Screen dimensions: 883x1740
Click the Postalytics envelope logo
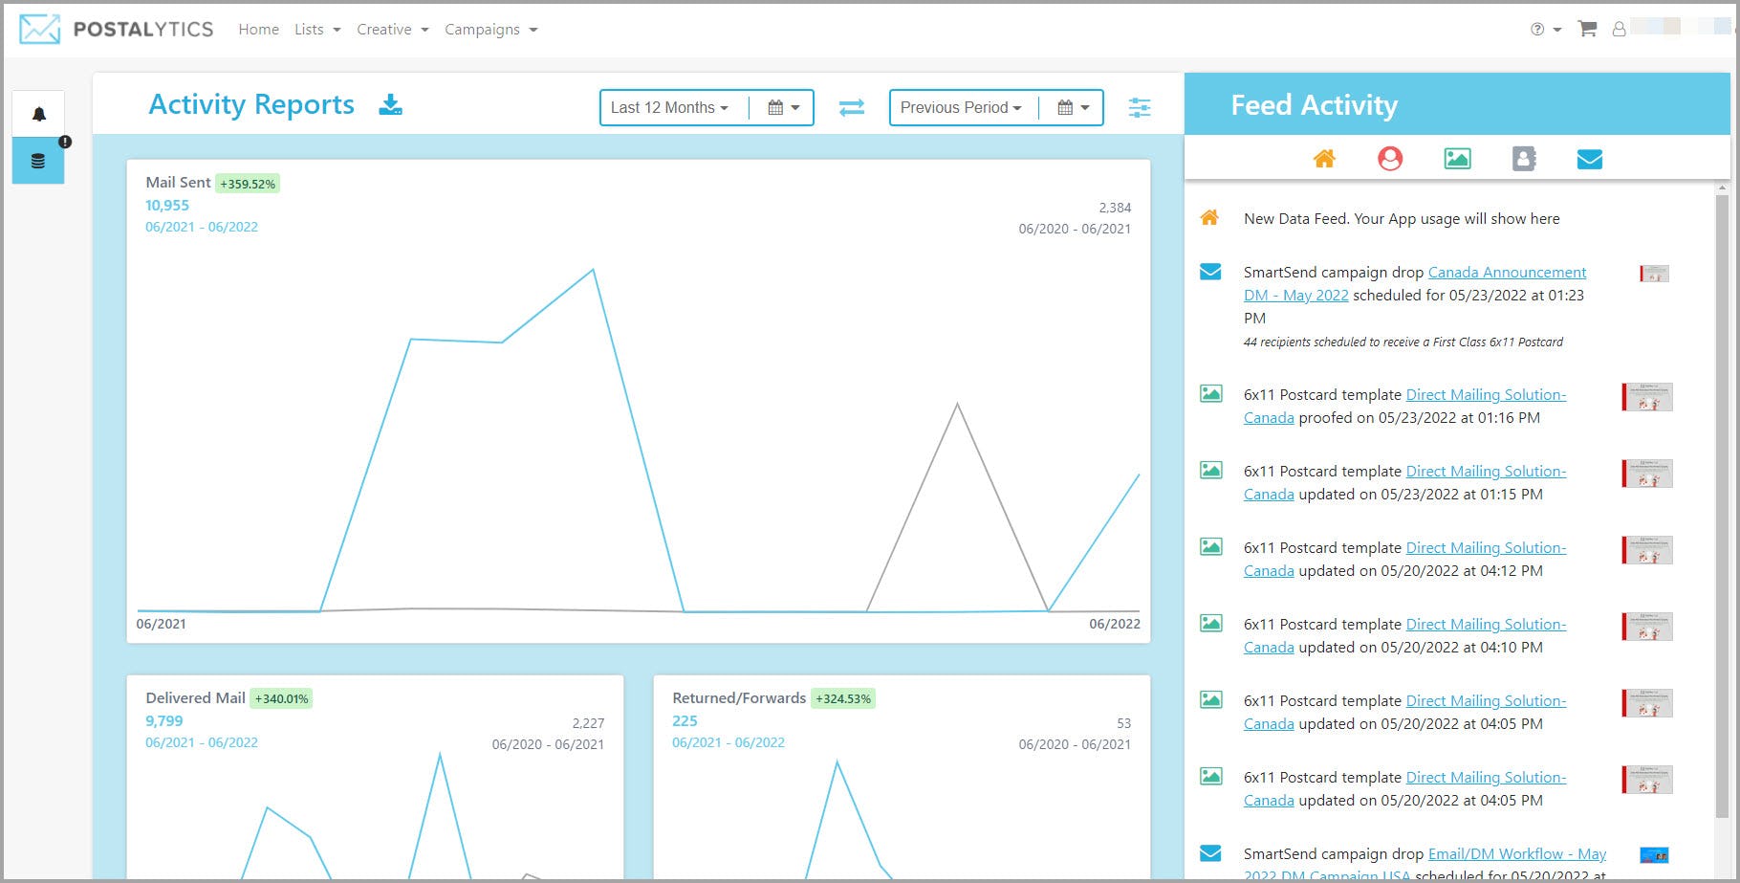[40, 29]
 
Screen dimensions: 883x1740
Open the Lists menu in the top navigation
[316, 30]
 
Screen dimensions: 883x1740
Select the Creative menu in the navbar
[392, 30]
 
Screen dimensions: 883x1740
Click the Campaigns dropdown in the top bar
[490, 30]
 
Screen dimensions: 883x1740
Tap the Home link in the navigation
[258, 30]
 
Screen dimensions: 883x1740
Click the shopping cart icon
[1587, 29]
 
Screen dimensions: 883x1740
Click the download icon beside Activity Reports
[390, 104]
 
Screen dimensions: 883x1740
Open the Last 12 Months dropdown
[669, 107]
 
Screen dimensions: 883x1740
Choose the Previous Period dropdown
[960, 107]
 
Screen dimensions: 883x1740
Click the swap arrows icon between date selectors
[851, 107]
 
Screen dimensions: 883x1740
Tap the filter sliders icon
[1139, 107]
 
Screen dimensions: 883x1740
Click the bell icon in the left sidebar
[38, 114]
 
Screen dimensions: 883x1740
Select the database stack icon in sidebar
[38, 161]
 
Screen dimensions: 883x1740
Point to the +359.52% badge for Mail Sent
[248, 184]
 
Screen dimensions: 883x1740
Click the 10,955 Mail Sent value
[167, 206]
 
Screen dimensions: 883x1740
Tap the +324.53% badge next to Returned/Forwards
[842, 699]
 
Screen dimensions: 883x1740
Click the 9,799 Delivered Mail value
[163, 721]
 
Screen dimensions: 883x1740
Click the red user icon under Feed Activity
[1390, 159]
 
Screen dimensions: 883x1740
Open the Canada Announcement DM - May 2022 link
[1506, 273]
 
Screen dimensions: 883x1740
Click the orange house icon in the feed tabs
[1324, 159]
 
